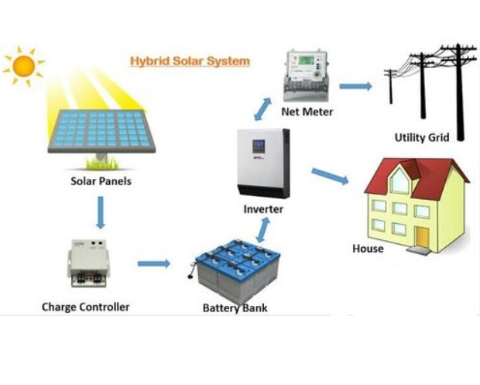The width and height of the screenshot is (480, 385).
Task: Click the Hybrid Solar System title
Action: point(190,60)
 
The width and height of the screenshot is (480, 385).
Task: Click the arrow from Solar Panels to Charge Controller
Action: point(100,213)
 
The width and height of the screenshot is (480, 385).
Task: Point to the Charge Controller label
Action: point(85,307)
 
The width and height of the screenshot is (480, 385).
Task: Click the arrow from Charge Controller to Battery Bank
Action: point(153,263)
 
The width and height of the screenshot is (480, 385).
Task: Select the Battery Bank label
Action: point(235,308)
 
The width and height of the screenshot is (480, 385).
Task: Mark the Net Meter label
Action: point(308,112)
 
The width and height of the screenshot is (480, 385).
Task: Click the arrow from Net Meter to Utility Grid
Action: point(355,85)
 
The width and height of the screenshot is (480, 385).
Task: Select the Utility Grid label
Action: point(422,138)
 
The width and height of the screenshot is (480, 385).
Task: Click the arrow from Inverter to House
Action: point(330,177)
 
